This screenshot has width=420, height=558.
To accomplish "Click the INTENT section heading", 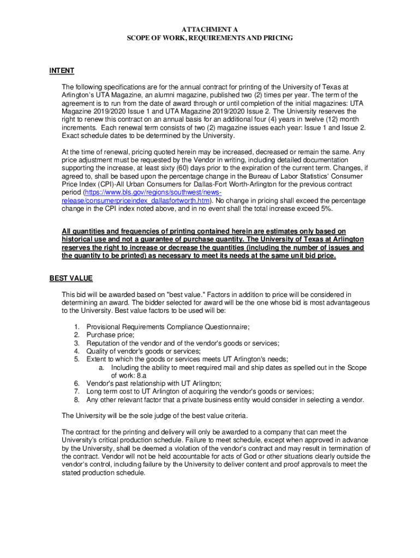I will point(62,71).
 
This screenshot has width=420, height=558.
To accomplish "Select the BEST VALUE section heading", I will point(71,278).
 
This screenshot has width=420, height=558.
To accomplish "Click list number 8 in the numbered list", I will point(77,399).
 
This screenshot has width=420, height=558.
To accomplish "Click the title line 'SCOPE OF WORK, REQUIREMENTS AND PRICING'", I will point(210,38).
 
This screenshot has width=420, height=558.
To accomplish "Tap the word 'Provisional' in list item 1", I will point(103,326).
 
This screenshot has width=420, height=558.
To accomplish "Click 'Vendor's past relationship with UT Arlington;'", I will point(154,383).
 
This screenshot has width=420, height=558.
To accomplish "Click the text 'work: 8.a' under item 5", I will point(126,375).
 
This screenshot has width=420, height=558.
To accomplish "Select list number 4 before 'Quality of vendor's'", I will point(77,351).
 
